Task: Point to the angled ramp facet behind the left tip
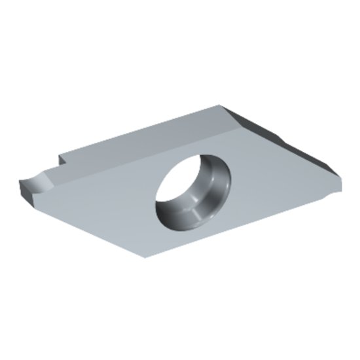click(x=52, y=175)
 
